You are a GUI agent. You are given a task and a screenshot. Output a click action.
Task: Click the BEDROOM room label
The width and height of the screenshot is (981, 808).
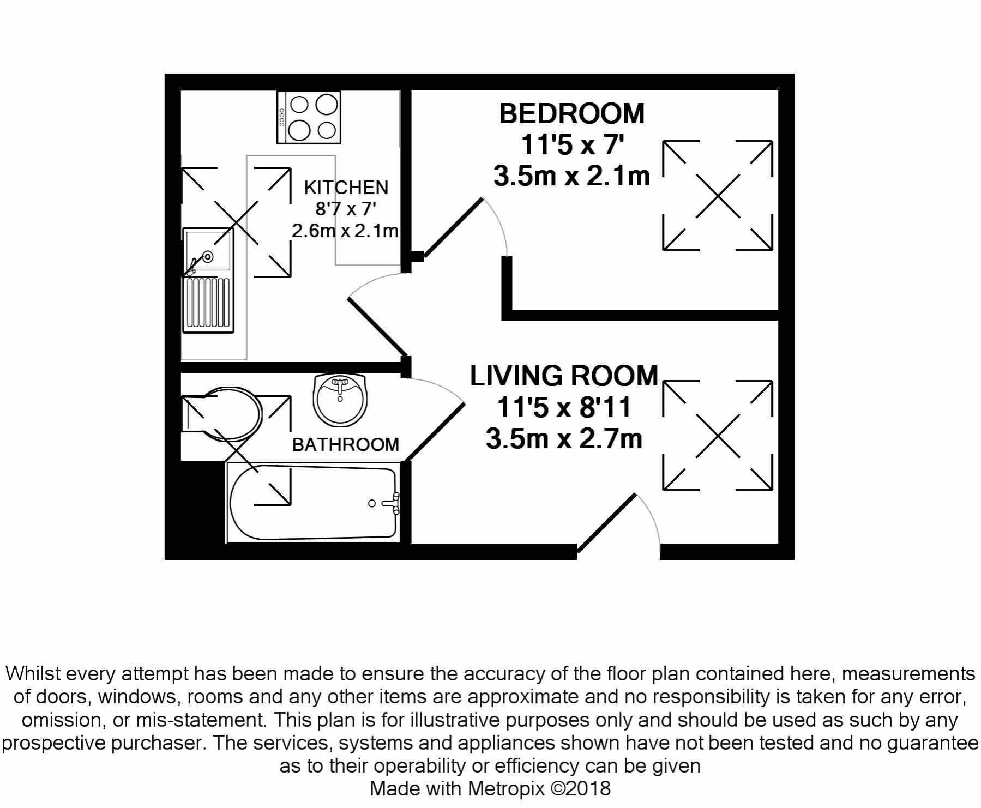click(x=571, y=114)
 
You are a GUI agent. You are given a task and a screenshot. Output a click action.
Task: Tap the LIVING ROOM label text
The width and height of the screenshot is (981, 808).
click(x=564, y=376)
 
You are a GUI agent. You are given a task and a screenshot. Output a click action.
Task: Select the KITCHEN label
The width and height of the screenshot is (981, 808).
click(x=346, y=188)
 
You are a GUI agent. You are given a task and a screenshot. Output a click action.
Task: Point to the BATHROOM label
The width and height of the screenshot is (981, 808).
click(x=345, y=445)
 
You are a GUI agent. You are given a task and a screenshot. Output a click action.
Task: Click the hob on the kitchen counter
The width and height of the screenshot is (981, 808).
click(x=309, y=118)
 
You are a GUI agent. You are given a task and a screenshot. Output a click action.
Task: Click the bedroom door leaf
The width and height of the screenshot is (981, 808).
click(x=453, y=227)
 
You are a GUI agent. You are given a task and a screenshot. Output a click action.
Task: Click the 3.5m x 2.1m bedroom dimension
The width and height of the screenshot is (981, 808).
click(x=571, y=177)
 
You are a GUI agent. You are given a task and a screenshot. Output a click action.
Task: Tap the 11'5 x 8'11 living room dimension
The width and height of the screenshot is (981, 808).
click(x=564, y=408)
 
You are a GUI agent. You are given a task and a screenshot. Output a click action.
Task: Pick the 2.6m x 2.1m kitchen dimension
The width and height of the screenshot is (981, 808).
click(x=345, y=231)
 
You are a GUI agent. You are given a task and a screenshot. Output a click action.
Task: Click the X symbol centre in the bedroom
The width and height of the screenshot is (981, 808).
click(x=718, y=196)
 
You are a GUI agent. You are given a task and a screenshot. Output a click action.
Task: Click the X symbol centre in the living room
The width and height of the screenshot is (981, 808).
click(x=718, y=436)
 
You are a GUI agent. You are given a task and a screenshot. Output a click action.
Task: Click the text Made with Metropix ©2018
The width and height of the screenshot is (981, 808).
click(x=490, y=788)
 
